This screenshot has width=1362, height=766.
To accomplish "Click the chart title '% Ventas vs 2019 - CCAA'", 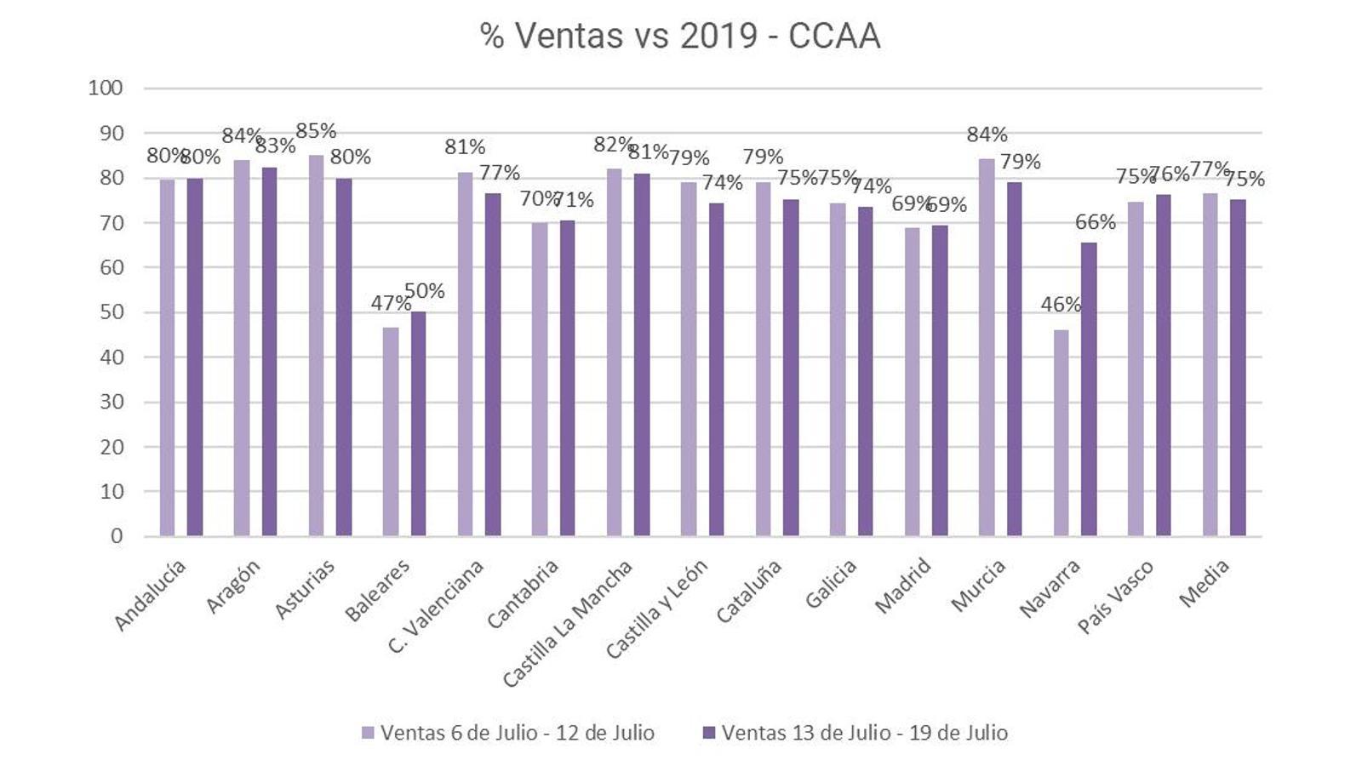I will tap(680, 36).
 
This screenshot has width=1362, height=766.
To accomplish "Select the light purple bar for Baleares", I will tap(391, 432).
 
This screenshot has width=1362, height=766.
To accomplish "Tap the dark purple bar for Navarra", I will tap(1089, 389).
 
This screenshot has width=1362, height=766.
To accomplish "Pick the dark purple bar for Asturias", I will tap(344, 357).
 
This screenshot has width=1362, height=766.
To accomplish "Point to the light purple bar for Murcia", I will tap(987, 347).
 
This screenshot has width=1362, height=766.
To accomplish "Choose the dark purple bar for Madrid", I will tap(940, 380).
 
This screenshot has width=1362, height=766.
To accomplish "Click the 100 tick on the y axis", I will tap(106, 88).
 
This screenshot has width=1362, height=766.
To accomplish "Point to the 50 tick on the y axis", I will tap(111, 312).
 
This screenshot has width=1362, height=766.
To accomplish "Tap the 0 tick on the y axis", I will tap(117, 536).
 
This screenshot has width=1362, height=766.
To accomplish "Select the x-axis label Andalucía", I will tap(150, 596).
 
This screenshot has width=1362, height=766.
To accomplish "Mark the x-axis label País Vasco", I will tap(1116, 597).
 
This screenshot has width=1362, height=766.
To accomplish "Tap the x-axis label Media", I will tap(1205, 584).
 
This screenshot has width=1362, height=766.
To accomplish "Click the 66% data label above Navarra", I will tap(1095, 222).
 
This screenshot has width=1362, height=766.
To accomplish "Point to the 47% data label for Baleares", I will tap(391, 304).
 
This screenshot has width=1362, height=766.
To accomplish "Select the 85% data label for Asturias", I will tap(316, 131).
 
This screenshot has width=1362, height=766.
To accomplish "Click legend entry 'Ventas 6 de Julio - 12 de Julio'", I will tap(508, 733).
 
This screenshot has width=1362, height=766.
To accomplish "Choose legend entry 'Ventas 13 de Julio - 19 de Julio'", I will tap(856, 733).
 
